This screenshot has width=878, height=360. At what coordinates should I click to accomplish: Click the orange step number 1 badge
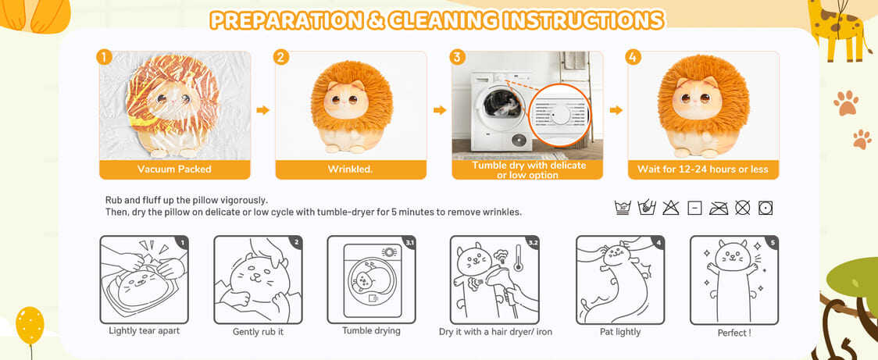pyautogui.click(x=104, y=57)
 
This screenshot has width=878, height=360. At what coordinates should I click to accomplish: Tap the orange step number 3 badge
pyautogui.click(x=458, y=57)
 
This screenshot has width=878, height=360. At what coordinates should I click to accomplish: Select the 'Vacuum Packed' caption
pyautogui.click(x=175, y=169)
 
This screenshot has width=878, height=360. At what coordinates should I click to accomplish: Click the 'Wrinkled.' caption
pyautogui.click(x=351, y=169)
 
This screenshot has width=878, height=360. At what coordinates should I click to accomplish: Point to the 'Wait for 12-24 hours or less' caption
pyautogui.click(x=703, y=169)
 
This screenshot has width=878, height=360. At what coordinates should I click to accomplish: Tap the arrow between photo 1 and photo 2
pyautogui.click(x=263, y=110)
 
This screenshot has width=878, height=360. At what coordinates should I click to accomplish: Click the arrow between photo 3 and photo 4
pyautogui.click(x=616, y=110)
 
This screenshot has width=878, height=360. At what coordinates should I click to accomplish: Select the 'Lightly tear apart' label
pyautogui.click(x=145, y=331)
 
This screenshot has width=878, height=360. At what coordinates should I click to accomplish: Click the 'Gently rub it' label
pyautogui.click(x=258, y=332)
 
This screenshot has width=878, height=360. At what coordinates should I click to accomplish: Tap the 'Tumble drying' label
pyautogui.click(x=371, y=331)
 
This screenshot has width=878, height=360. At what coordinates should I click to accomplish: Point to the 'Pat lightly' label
pyautogui.click(x=620, y=332)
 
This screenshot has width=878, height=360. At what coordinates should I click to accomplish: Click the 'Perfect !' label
pyautogui.click(x=734, y=333)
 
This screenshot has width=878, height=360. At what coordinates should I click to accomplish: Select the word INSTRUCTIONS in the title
pyautogui.click(x=584, y=21)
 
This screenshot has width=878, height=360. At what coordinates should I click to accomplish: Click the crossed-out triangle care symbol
pyautogui.click(x=671, y=208)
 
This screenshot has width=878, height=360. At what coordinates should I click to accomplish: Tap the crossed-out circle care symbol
pyautogui.click(x=743, y=208)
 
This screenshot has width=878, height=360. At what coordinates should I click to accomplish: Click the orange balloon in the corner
pyautogui.click(x=30, y=326)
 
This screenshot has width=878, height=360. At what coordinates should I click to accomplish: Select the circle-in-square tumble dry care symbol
pyautogui.click(x=766, y=208)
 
